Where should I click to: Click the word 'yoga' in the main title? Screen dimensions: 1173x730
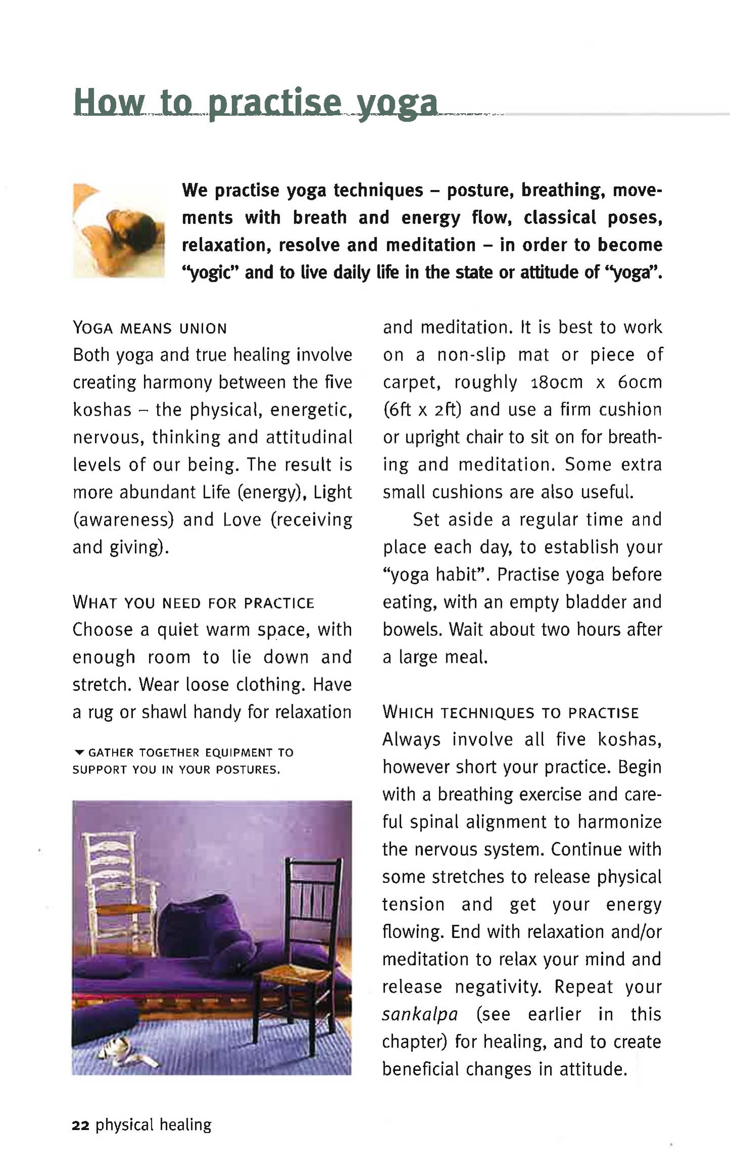coord(397,104)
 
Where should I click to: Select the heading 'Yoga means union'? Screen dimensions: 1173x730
coord(150,328)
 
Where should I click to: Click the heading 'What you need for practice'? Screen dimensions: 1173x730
coord(193,603)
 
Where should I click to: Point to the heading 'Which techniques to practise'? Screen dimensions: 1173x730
coord(511,712)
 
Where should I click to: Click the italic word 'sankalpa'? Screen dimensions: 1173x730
coord(420,1014)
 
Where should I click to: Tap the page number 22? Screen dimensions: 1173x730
coord(81,1125)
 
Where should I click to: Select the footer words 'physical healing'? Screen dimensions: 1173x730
coord(153,1125)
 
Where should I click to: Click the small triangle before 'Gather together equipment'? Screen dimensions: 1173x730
coord(78,753)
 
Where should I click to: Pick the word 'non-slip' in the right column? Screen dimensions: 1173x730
coord(471,355)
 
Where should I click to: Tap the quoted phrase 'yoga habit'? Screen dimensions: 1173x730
coord(436,575)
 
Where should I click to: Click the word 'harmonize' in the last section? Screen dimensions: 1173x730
coord(619,822)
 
